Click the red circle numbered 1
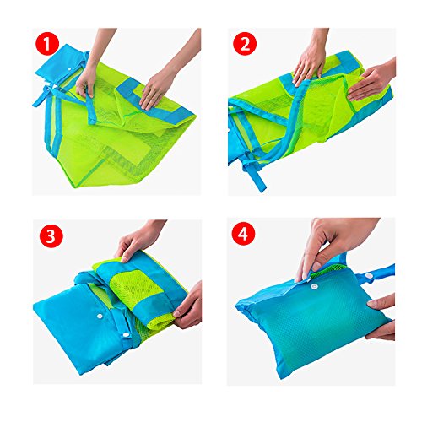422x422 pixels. [47, 44]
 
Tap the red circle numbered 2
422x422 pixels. [245, 44]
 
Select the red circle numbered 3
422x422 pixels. [51, 235]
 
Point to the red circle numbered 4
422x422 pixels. [244, 235]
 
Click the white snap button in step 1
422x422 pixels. [69, 69]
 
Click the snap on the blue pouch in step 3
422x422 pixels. [100, 316]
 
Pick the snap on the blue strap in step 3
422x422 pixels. [126, 335]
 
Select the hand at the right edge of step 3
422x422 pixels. [188, 306]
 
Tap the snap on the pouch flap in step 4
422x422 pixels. [313, 286]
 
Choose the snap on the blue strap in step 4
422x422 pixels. [368, 276]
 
